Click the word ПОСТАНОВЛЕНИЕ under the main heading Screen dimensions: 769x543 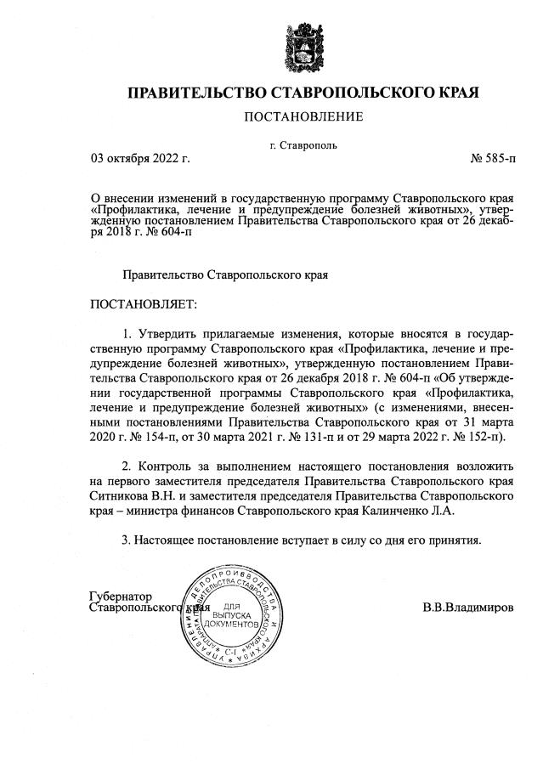coord(303,116)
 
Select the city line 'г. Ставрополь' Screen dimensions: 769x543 coord(303,144)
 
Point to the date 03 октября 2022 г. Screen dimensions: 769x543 coord(140,158)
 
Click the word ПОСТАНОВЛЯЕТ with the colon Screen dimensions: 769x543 coord(143,303)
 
